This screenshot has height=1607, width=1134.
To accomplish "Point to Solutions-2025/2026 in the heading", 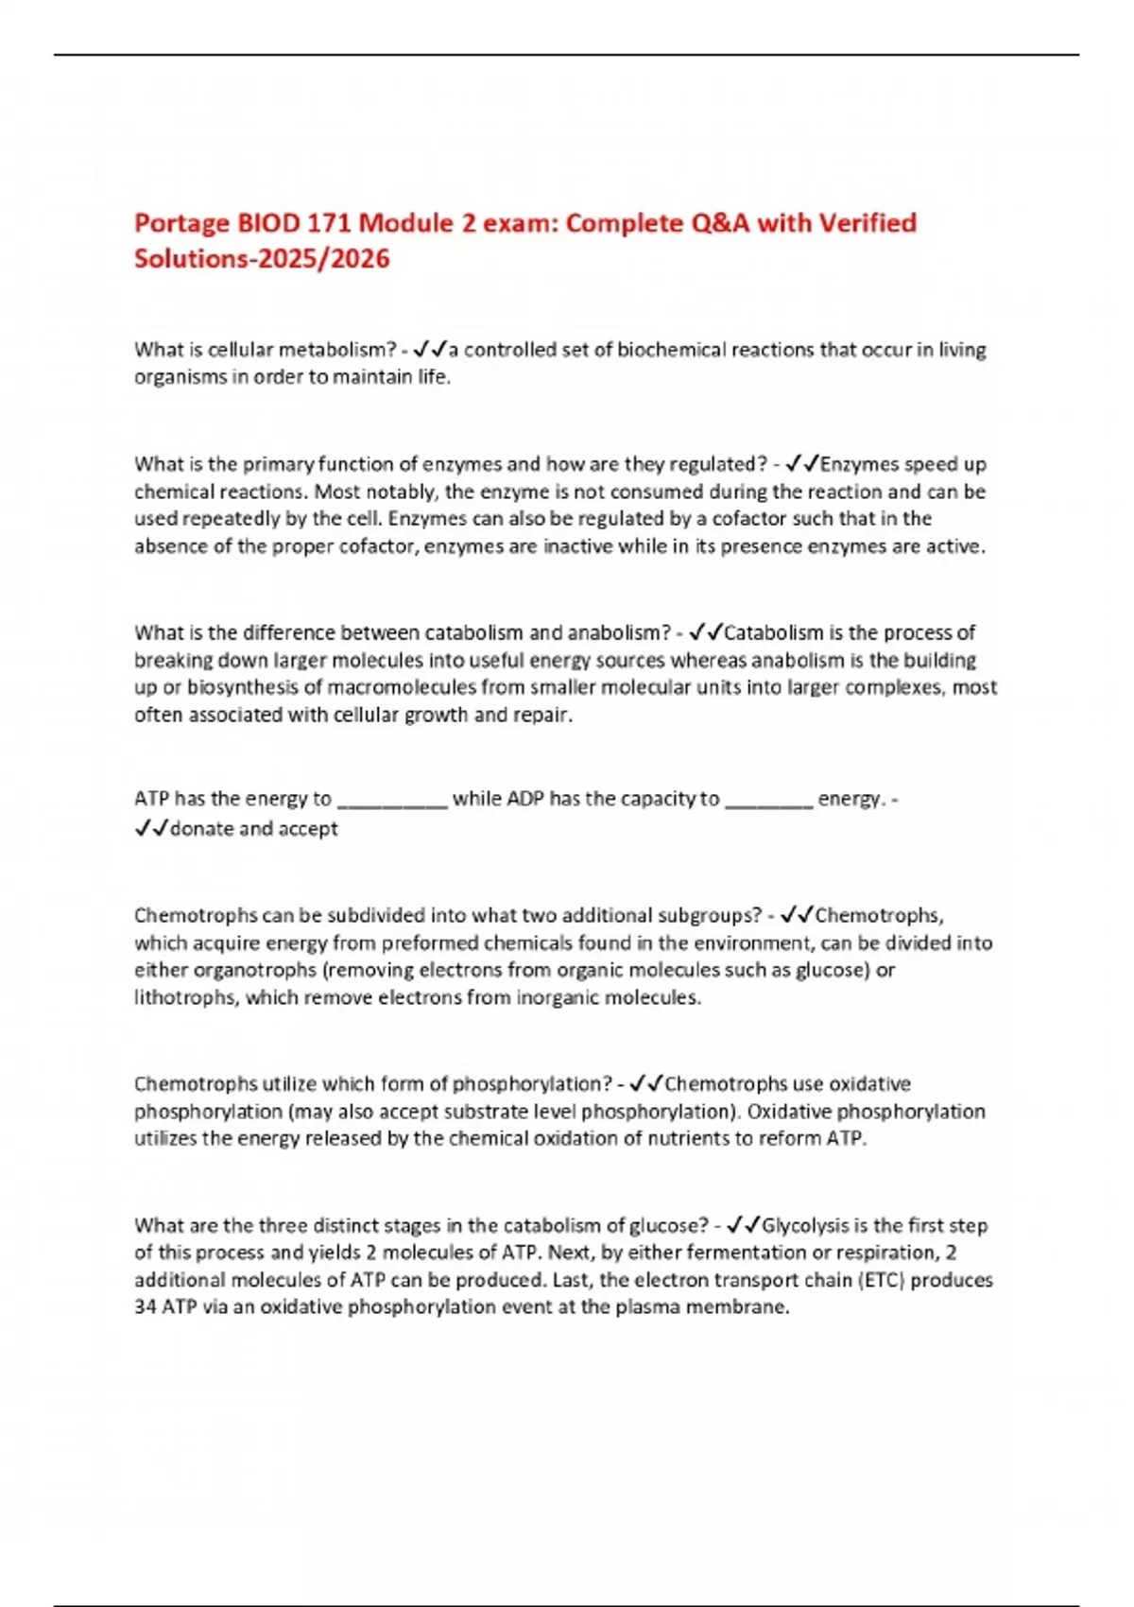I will [262, 259].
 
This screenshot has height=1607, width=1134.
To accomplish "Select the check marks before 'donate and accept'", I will [151, 829].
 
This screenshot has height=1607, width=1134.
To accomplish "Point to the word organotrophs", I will [254, 970].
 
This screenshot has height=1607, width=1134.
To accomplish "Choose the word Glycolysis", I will [805, 1226].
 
